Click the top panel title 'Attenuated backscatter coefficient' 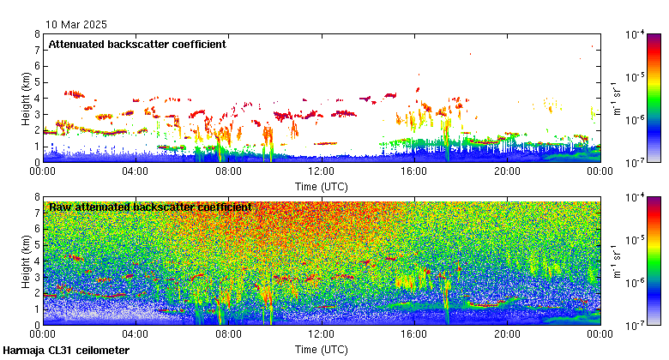137,45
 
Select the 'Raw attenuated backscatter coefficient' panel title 150,207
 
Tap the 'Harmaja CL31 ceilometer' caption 66,351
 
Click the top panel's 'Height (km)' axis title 26,98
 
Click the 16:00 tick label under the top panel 414,171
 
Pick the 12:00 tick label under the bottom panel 322,335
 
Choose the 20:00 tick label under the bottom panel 507,335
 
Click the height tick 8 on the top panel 37,35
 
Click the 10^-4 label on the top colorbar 636,35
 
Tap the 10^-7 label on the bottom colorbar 636,325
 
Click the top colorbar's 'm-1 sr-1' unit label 616,98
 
